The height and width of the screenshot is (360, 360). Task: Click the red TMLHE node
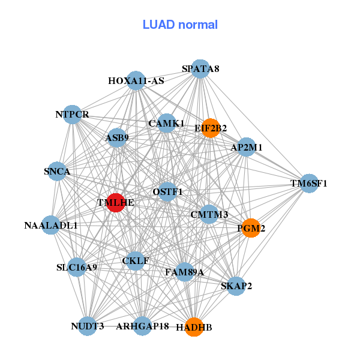(x=115, y=202)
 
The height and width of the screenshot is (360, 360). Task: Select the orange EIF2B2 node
(x=210, y=128)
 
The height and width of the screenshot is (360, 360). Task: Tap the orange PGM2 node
(x=251, y=228)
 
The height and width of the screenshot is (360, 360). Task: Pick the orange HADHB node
(x=194, y=327)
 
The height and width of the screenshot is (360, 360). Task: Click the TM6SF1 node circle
(x=309, y=183)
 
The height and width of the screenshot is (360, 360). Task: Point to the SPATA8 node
(x=200, y=69)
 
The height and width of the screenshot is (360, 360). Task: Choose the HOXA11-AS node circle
(x=136, y=80)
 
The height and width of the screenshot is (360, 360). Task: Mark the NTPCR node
(x=72, y=114)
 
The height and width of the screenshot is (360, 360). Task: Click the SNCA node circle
(x=57, y=172)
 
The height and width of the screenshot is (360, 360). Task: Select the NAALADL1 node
(x=51, y=226)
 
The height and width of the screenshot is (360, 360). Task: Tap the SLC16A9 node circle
(x=76, y=266)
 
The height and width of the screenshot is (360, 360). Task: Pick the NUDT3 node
(x=88, y=326)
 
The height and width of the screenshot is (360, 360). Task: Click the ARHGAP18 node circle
(x=142, y=326)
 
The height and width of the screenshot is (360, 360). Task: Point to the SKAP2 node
(x=236, y=286)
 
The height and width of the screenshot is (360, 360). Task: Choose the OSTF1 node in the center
(x=167, y=192)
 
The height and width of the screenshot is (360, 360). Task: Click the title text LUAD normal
(x=180, y=25)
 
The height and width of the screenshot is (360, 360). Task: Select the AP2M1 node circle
(x=247, y=147)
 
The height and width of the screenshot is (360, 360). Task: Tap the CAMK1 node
(x=167, y=123)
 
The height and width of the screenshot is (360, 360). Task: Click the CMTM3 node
(x=209, y=214)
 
